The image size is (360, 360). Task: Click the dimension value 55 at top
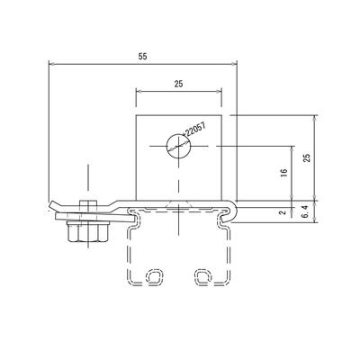click(143, 57)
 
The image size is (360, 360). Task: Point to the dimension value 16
click(284, 172)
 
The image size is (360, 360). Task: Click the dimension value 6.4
click(307, 211)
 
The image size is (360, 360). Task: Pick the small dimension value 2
click(282, 212)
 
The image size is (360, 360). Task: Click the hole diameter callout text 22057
click(195, 130)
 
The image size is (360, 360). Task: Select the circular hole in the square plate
click(179, 146)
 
